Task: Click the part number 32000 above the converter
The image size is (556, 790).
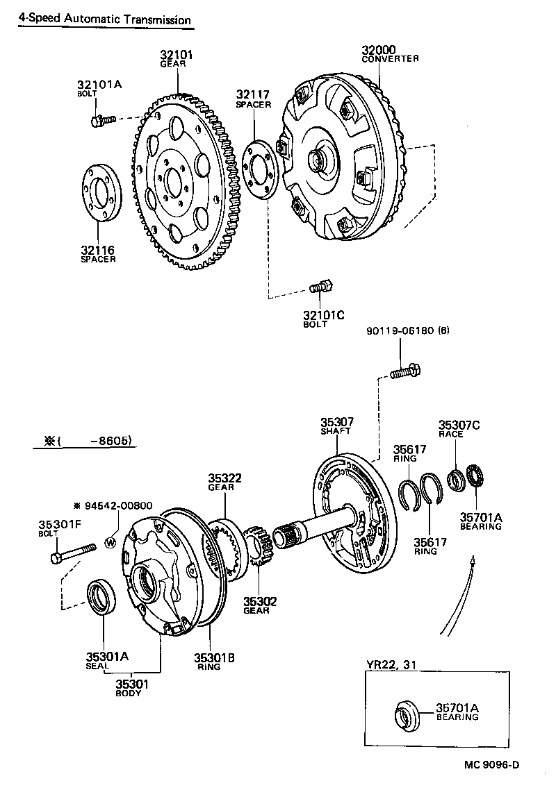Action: pyautogui.click(x=379, y=50)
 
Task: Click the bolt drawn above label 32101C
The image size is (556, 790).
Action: pyautogui.click(x=322, y=286)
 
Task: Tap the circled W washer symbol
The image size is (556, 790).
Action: pyautogui.click(x=110, y=542)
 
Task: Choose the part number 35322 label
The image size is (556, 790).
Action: pyautogui.click(x=224, y=478)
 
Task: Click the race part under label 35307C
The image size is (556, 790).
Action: pyautogui.click(x=457, y=478)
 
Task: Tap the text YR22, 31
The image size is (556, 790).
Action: pyautogui.click(x=391, y=664)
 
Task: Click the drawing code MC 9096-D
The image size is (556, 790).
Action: pyautogui.click(x=492, y=765)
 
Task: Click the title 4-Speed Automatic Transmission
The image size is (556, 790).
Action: pyautogui.click(x=104, y=19)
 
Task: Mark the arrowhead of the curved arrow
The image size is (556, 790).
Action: pyautogui.click(x=473, y=560)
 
